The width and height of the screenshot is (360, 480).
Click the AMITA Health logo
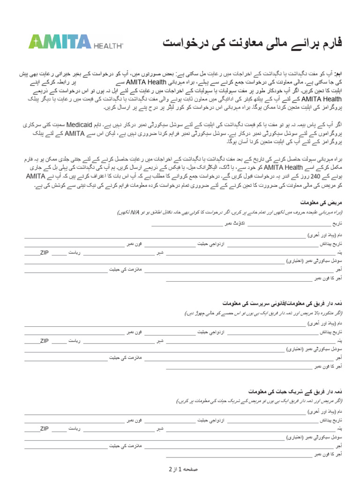pyautogui.click(x=75, y=42)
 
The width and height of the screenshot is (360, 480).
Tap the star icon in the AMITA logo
pyautogui.click(x=35, y=42)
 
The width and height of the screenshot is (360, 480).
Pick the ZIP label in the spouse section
pyautogui.click(x=45, y=428)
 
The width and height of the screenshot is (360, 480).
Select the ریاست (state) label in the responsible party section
pyautogui.click(x=75, y=341)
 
